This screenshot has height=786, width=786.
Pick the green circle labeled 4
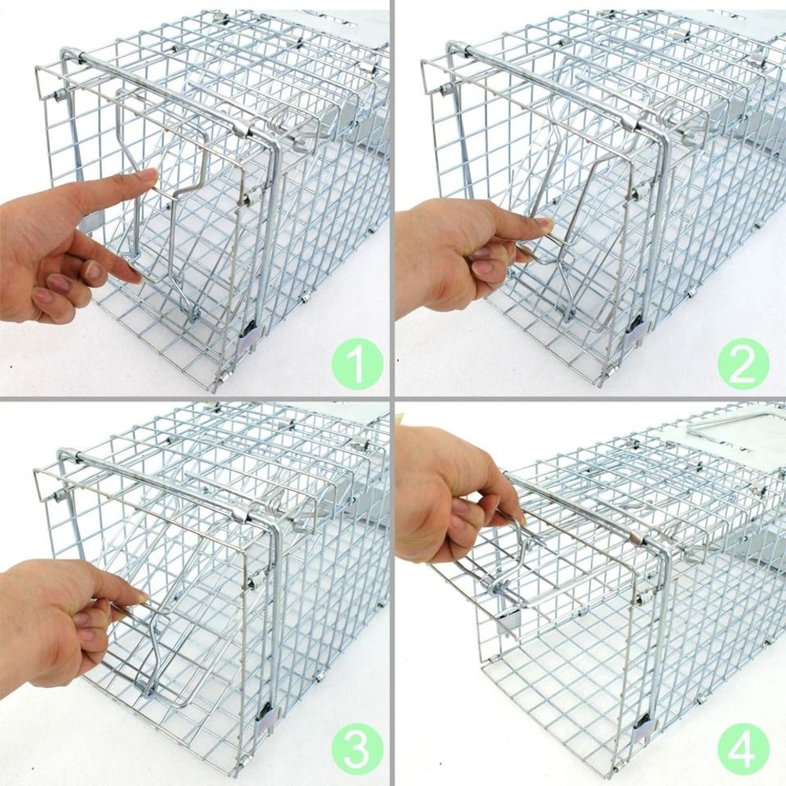coord(742,750)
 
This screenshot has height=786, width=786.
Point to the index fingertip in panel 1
coord(149,175)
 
